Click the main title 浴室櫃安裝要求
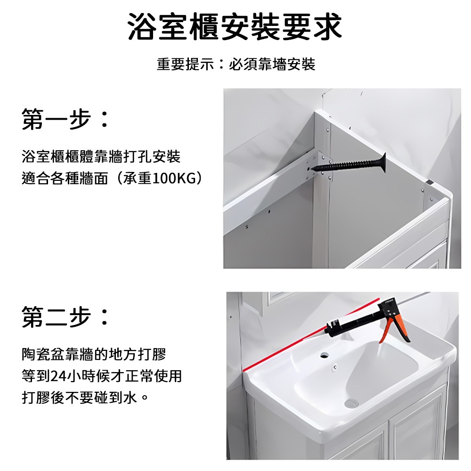[x=235, y=27]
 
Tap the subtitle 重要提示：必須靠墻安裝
[x=236, y=64]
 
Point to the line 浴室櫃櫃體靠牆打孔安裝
[x=101, y=157]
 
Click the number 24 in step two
[x=58, y=376]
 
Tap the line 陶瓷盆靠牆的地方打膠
[x=94, y=355]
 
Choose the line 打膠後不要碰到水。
[x=85, y=398]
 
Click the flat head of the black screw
[x=382, y=162]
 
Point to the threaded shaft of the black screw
[x=345, y=165]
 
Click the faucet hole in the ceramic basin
[x=324, y=355]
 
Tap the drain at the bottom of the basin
[x=351, y=403]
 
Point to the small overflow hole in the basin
[x=335, y=366]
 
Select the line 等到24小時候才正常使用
[x=102, y=376]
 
